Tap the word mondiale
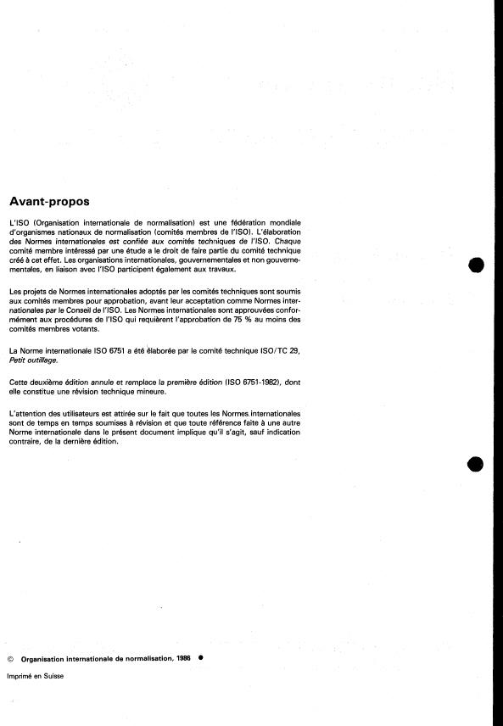click(x=280, y=223)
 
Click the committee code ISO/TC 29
click(x=274, y=351)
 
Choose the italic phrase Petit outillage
click(x=31, y=360)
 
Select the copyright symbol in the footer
click(x=10, y=658)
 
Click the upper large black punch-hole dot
click(x=476, y=265)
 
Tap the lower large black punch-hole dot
click(x=476, y=464)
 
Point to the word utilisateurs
click(x=74, y=412)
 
